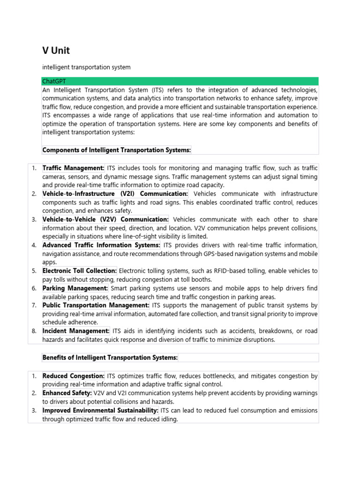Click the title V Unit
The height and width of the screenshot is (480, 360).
point(56,50)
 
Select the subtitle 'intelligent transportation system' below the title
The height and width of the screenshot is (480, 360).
point(86,67)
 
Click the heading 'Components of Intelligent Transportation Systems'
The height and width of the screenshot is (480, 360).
point(117,150)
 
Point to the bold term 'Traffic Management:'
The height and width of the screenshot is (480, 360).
point(74,168)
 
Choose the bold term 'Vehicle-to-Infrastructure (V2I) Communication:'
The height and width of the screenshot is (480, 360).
point(115,194)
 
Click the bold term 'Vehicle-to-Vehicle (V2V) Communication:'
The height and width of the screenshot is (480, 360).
point(105,219)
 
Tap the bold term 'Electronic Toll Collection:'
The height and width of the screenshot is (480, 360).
point(80,271)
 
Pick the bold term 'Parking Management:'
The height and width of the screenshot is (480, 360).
point(75,288)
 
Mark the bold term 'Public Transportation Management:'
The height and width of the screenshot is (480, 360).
point(96,305)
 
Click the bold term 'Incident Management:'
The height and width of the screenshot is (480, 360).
point(76,331)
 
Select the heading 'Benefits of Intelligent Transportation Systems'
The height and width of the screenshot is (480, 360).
point(110,358)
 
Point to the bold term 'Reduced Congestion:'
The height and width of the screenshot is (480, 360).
point(74,376)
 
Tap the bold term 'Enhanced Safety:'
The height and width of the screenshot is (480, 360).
point(67,393)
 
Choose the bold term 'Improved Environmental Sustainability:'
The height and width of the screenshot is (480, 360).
point(100,410)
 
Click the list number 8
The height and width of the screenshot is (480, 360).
point(34,331)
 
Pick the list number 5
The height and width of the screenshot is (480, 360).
point(34,271)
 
